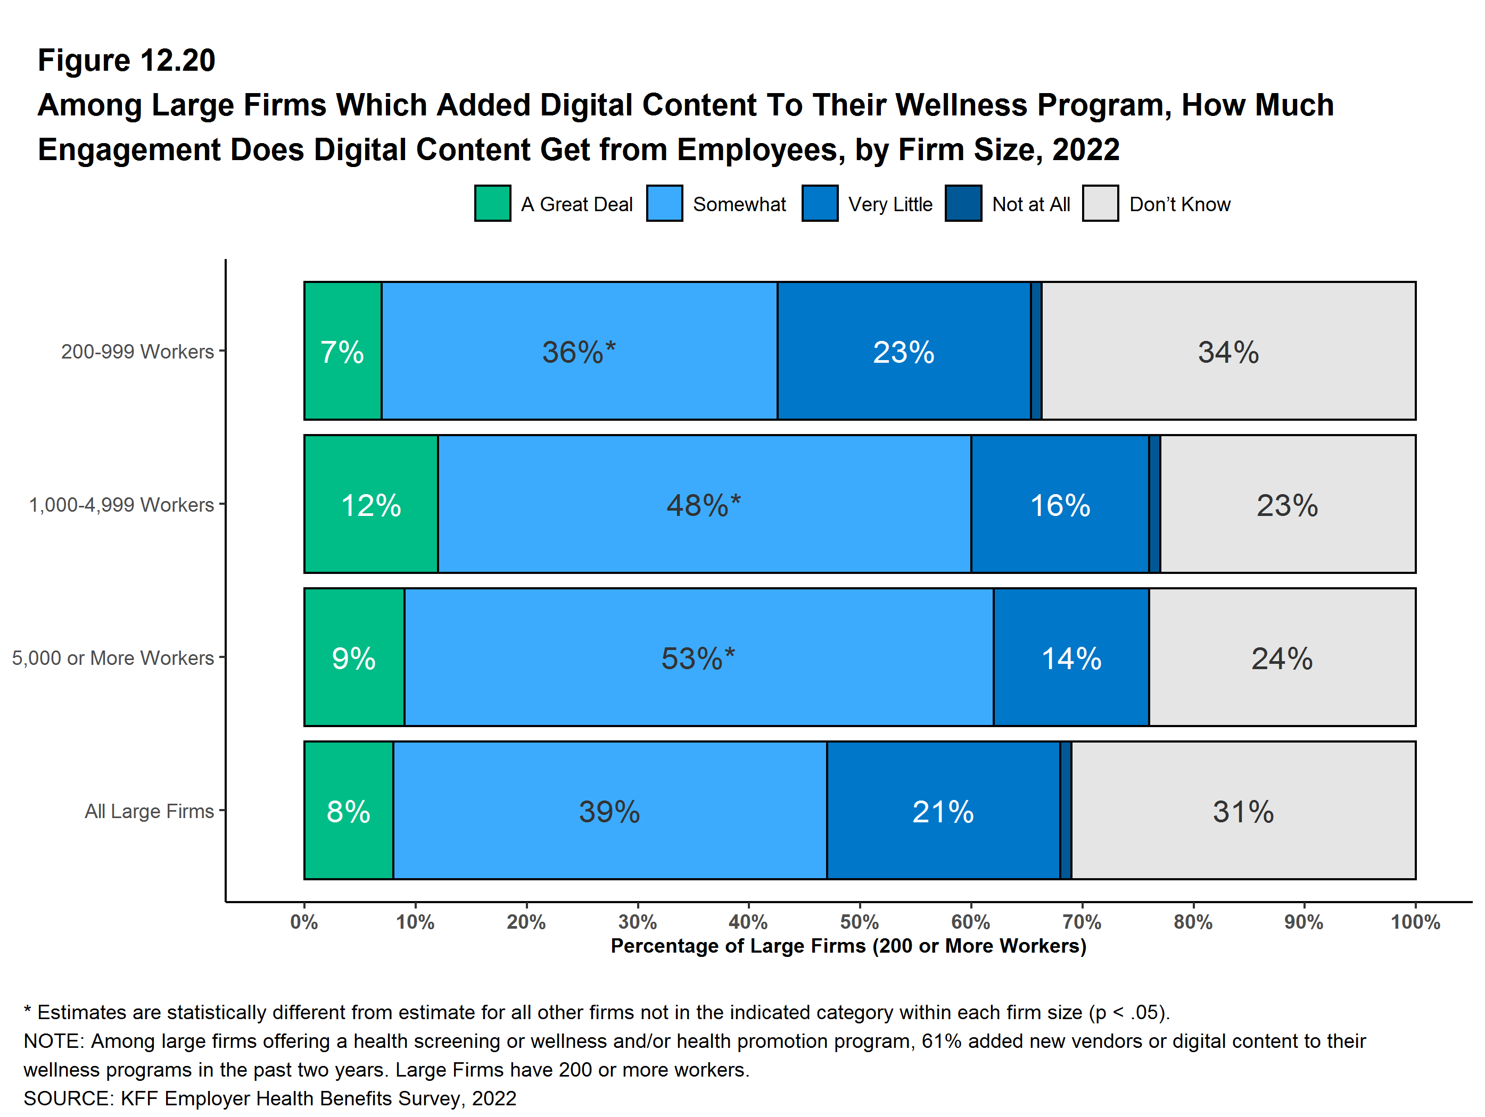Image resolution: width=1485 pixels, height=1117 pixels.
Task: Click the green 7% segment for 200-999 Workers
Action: click(342, 351)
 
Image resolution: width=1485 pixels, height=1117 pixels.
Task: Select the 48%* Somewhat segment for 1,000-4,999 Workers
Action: click(704, 504)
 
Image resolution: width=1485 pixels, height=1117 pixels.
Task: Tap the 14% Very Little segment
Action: click(1071, 657)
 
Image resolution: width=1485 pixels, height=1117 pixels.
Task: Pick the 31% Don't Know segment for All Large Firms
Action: click(1243, 811)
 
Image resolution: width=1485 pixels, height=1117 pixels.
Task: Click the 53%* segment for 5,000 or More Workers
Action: click(698, 657)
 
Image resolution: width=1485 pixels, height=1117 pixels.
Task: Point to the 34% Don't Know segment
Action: click(1228, 351)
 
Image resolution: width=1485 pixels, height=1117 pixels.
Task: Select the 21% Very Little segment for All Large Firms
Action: click(943, 811)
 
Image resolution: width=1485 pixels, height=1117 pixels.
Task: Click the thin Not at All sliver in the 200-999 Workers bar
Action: click(1036, 351)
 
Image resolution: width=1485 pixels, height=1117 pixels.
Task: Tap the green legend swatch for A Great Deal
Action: click(492, 203)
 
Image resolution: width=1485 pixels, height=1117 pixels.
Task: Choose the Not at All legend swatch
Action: click(963, 203)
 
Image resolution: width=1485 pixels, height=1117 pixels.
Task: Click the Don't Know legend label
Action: click(1179, 204)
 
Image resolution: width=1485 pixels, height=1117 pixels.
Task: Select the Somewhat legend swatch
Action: click(664, 203)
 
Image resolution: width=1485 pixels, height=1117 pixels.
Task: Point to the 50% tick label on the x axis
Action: click(859, 922)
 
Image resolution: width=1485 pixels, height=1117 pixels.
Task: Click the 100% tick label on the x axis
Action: click(1415, 922)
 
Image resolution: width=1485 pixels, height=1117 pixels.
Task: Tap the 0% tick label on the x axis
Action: click(304, 922)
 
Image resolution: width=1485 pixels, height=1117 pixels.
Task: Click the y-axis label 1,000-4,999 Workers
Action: click(121, 504)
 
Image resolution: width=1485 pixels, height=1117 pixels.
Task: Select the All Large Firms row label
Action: click(149, 811)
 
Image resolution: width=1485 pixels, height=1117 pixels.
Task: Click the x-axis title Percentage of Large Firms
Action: click(848, 946)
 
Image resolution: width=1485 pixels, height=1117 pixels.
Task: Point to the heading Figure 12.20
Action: click(126, 61)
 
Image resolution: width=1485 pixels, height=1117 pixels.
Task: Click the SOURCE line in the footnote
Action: click(270, 1098)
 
